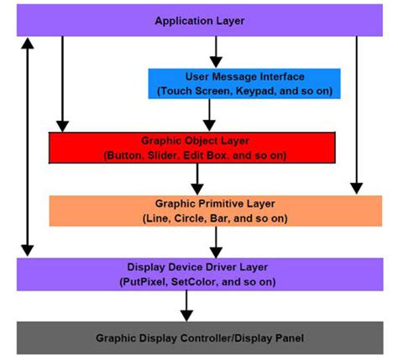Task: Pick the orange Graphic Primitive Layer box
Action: pyautogui.click(x=216, y=210)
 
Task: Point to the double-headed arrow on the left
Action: pyautogui.click(x=29, y=146)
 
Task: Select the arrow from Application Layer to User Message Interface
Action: pyautogui.click(x=216, y=52)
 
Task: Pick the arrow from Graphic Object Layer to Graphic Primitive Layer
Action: pyautogui.click(x=198, y=178)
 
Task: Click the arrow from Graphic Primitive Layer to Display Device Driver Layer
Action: pyautogui.click(x=217, y=242)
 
